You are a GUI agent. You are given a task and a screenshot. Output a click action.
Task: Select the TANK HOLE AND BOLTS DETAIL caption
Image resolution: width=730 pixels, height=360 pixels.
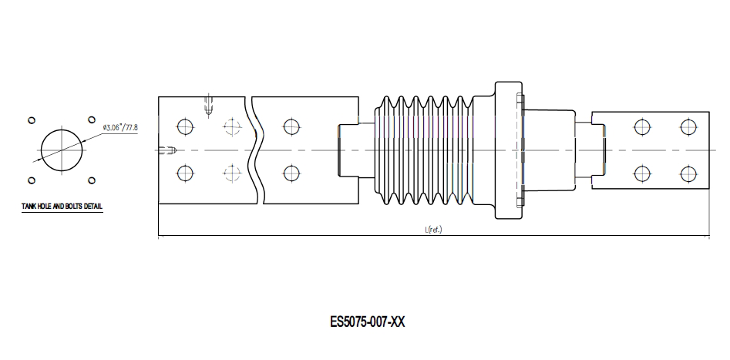pos(62,207)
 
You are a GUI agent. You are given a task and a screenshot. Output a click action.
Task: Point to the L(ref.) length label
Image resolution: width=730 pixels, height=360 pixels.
pos(433,230)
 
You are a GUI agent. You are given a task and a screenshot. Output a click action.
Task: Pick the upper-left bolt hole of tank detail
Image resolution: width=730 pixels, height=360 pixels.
pos(32,120)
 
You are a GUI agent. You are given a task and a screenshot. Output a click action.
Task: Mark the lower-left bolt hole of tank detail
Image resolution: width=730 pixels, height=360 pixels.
pos(32,180)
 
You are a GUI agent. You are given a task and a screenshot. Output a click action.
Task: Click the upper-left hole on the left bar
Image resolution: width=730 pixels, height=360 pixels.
pos(183,126)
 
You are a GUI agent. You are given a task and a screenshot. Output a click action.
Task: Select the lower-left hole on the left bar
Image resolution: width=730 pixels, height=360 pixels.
pos(183,173)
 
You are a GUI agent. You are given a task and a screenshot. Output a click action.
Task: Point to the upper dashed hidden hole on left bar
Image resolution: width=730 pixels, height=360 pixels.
pos(230,126)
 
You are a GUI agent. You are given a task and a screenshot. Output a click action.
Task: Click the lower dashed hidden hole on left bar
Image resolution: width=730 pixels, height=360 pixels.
pos(230,173)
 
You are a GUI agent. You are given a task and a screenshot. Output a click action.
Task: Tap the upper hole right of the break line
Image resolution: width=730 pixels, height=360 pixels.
pos(290,126)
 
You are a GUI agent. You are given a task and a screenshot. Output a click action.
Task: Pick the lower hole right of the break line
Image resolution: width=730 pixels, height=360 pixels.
pos(290,173)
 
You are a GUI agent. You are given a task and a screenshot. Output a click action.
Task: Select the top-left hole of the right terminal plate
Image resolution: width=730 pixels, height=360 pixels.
pos(640,126)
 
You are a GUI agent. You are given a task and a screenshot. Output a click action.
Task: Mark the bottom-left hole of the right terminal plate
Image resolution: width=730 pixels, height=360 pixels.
pos(640,173)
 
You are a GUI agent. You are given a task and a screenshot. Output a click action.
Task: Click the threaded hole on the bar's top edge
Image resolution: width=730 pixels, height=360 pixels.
pos(209,105)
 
